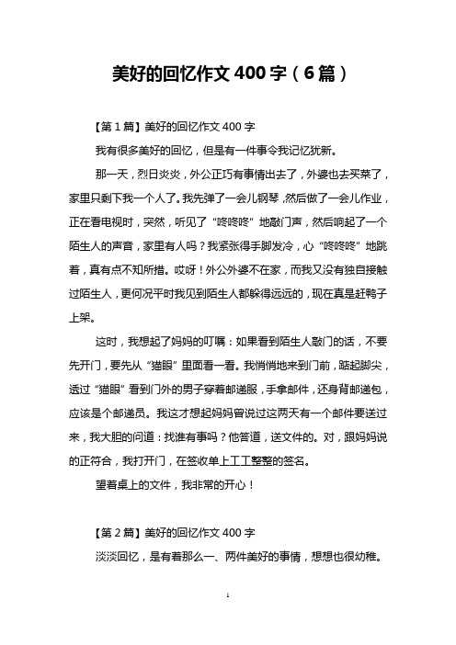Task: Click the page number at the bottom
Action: point(228,621)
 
